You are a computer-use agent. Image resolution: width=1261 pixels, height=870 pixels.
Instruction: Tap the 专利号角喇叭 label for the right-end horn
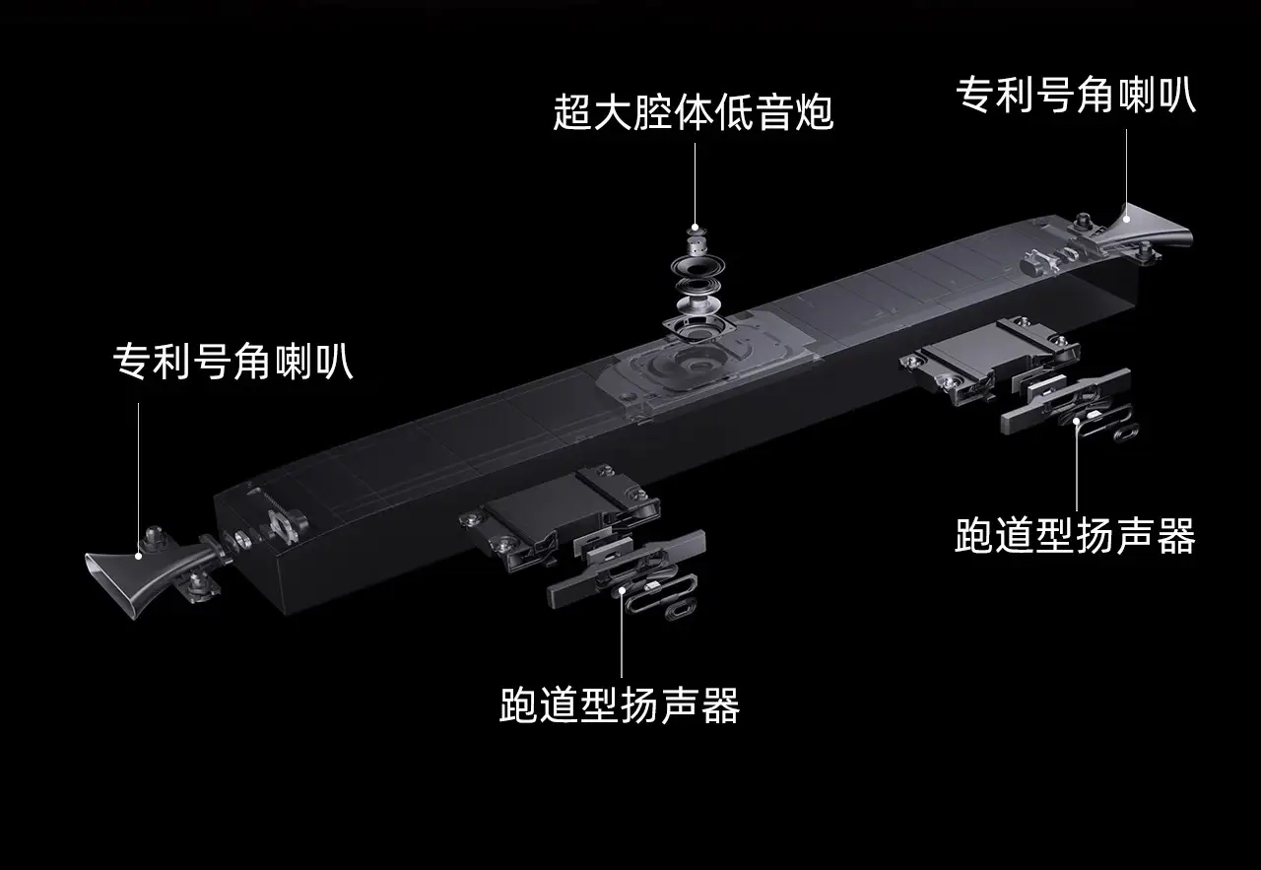[1075, 97]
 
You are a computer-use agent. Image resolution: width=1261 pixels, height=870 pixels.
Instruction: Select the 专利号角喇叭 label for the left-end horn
[232, 363]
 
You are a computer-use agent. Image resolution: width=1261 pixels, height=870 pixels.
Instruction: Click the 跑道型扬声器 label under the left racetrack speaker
[619, 705]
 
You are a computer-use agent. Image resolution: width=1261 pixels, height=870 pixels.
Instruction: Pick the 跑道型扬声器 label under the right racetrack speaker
[1075, 537]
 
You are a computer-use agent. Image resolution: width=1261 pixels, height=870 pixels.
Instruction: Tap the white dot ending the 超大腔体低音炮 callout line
[695, 227]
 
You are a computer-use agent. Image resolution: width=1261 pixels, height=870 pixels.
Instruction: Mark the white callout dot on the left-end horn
[139, 555]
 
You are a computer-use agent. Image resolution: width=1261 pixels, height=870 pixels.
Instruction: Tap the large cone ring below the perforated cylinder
[697, 268]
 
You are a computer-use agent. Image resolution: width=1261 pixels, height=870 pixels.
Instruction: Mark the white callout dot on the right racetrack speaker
[1077, 419]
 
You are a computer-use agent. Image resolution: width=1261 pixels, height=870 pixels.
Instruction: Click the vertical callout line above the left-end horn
[139, 473]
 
